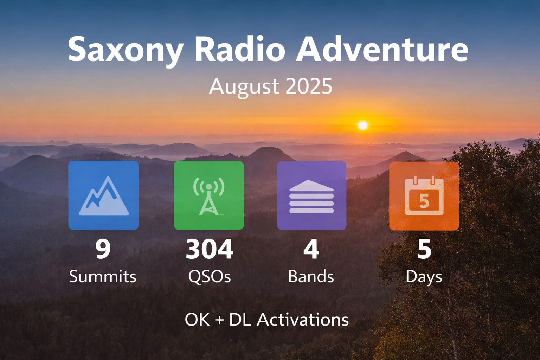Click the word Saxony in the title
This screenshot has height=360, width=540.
click(125, 50)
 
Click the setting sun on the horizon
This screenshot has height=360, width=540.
click(362, 126)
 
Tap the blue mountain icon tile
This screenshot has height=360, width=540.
click(103, 195)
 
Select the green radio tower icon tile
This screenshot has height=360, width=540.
click(209, 195)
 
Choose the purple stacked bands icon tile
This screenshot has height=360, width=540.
click(311, 195)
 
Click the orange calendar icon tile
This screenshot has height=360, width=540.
click(424, 195)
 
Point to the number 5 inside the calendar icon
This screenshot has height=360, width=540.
click(424, 201)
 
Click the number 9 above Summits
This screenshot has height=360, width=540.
click(103, 249)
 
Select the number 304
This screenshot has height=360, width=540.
click(210, 249)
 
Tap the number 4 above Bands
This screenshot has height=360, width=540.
click(311, 249)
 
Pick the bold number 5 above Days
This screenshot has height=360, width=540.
click(424, 249)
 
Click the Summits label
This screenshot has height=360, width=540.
click(103, 277)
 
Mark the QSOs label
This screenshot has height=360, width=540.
click(210, 277)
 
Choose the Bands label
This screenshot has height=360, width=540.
click(311, 277)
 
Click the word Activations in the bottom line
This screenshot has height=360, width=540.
click(303, 320)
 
